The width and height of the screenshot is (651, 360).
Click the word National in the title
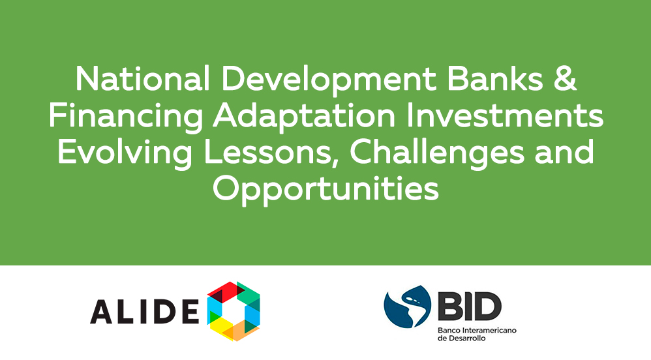(x=142, y=79)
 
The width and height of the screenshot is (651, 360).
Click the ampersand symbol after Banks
(x=565, y=79)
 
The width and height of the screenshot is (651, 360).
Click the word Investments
(x=504, y=115)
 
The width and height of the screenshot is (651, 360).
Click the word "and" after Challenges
(x=564, y=152)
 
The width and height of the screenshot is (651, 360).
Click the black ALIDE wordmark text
(x=145, y=312)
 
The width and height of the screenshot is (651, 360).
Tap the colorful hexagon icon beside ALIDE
(x=234, y=312)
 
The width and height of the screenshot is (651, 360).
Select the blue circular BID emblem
(x=407, y=307)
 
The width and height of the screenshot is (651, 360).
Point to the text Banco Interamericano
(x=477, y=331)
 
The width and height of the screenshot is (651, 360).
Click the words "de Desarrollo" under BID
(x=462, y=338)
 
